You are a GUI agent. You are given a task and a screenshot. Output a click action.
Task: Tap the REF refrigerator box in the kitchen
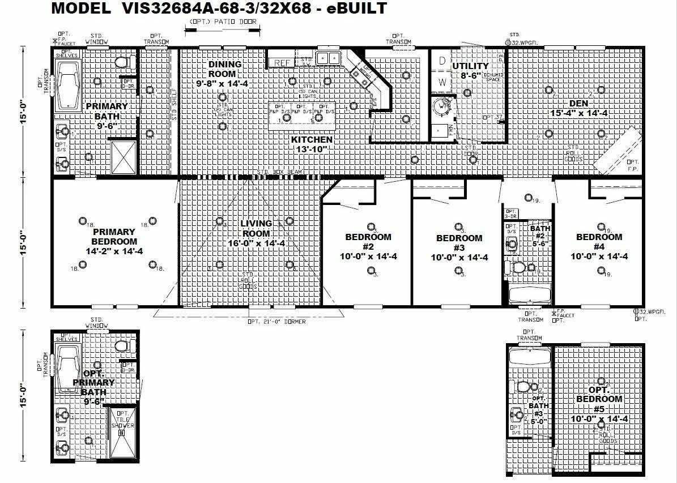point(282,62)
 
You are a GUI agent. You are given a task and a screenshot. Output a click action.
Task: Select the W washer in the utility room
point(443,82)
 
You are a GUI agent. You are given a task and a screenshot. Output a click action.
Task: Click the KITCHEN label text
point(312,139)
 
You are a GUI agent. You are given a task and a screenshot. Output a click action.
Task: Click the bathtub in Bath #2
point(527,295)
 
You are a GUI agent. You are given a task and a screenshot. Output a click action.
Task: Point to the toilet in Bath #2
point(518,267)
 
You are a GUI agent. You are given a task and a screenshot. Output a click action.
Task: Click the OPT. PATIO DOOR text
point(223,22)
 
